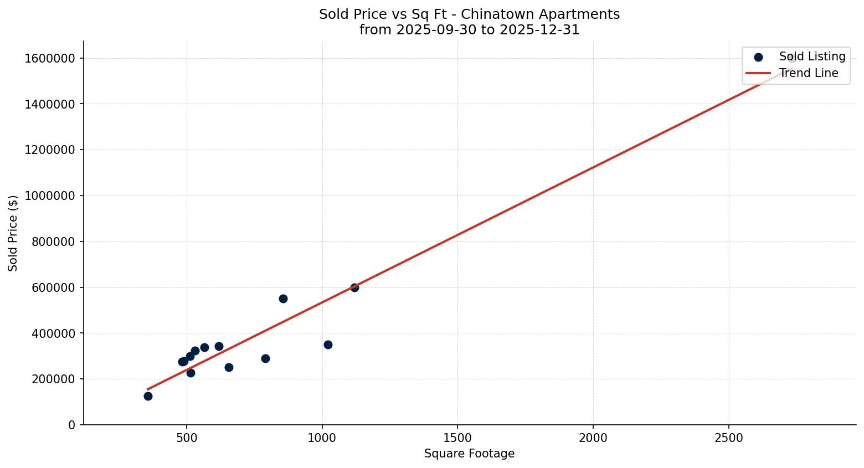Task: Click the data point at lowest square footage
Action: click(x=148, y=396)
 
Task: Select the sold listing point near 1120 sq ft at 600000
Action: click(x=354, y=287)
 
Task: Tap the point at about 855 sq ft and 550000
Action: click(x=283, y=299)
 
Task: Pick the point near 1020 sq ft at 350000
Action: click(x=328, y=344)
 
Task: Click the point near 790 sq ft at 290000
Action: click(x=265, y=358)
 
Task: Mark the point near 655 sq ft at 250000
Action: click(x=229, y=367)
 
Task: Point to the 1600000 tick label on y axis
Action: click(x=50, y=58)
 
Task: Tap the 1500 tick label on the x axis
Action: click(x=457, y=438)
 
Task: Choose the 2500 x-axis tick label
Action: click(x=728, y=438)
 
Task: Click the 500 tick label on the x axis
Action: click(x=187, y=438)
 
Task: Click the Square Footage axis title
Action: click(x=469, y=454)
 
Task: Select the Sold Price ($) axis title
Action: click(x=13, y=233)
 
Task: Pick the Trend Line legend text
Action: click(x=809, y=73)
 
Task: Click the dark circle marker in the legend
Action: click(x=758, y=57)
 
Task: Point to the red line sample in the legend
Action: click(x=758, y=73)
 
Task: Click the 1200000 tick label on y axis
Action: click(x=50, y=150)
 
